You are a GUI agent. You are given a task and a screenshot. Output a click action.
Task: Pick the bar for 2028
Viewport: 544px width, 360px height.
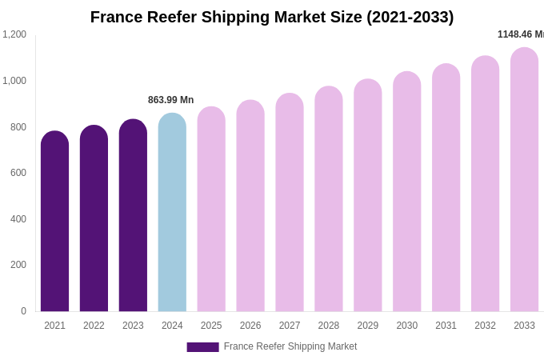[x=329, y=199]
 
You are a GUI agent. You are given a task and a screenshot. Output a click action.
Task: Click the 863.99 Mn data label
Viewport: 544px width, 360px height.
[x=170, y=100]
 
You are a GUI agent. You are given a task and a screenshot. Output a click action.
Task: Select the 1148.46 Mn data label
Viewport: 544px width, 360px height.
[x=520, y=34]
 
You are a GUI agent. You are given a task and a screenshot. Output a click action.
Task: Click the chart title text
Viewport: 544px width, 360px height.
[x=272, y=17]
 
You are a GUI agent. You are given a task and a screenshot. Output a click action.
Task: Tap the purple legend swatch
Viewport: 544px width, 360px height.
[x=202, y=347]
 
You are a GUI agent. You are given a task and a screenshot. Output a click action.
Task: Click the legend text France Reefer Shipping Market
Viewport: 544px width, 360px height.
[x=290, y=346]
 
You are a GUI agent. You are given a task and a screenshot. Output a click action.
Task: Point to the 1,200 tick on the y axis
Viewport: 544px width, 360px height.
[x=14, y=34]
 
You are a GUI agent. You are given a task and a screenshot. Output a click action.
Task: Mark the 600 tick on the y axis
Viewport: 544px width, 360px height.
[x=18, y=173]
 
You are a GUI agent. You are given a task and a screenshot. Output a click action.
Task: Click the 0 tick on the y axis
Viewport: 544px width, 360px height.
[x=23, y=311]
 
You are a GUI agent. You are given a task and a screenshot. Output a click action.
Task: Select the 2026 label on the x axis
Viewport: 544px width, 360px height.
[x=250, y=326]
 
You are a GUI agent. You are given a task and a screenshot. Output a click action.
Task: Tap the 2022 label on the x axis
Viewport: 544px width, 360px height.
[x=94, y=326]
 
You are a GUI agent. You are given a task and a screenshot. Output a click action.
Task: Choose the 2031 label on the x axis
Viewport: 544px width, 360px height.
[x=446, y=326]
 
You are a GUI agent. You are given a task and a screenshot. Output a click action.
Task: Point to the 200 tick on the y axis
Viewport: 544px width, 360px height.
[x=18, y=265]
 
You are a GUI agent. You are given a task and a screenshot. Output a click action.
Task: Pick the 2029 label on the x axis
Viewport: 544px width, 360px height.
[x=367, y=326]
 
